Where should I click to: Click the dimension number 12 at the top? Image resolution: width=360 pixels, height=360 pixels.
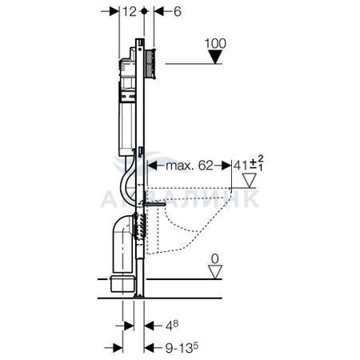point(130,12)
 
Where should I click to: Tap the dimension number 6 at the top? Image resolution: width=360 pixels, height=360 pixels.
point(178,12)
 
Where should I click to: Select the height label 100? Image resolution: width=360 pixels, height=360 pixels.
point(215,43)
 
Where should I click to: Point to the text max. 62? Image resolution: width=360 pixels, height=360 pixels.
point(190,166)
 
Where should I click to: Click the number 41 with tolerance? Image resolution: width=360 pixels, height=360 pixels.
point(248,164)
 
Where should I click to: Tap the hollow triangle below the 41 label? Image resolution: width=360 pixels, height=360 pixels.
point(250,181)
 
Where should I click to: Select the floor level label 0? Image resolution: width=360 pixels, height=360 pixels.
point(214,258)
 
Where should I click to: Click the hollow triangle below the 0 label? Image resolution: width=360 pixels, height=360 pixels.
point(215,272)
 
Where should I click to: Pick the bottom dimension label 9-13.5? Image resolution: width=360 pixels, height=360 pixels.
point(182,348)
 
